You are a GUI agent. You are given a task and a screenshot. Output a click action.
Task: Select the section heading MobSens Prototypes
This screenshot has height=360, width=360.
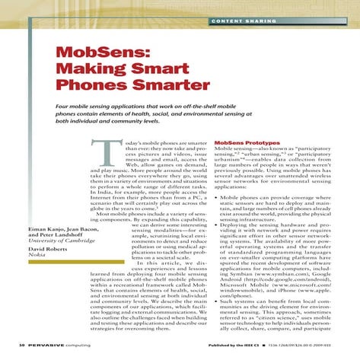click(x=247, y=142)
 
